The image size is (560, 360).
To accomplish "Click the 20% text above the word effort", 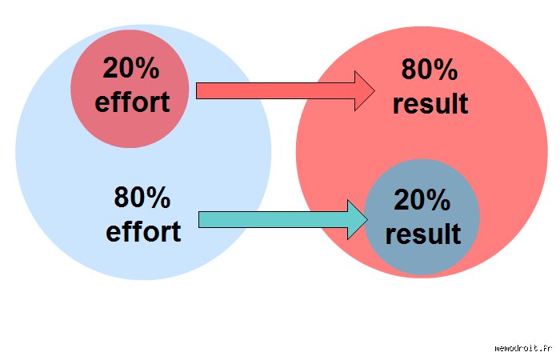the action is (131, 68).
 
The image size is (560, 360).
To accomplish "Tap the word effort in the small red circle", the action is (132, 102).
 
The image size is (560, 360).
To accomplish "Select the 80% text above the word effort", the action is (142, 197).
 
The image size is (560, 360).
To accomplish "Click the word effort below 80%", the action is (143, 231).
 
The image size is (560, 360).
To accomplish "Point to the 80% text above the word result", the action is (430, 69).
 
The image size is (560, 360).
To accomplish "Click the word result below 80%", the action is (430, 103).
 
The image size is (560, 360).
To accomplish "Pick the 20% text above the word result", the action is (422, 200).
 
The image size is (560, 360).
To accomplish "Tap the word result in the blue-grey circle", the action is (423, 234).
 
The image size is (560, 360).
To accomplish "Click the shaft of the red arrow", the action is (275, 90).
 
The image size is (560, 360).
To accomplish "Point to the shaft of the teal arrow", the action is (274, 219).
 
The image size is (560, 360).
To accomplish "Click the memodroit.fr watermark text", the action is (523, 348).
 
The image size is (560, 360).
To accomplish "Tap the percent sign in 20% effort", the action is (147, 68).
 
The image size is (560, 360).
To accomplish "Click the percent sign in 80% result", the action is (446, 70).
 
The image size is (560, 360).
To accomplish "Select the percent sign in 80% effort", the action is (158, 197).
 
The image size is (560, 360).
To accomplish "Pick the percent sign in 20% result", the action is (438, 200).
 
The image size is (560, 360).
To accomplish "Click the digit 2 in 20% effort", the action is (110, 67).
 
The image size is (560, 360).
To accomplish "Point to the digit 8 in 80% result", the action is (409, 70).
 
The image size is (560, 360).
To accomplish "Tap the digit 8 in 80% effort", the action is (122, 197).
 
